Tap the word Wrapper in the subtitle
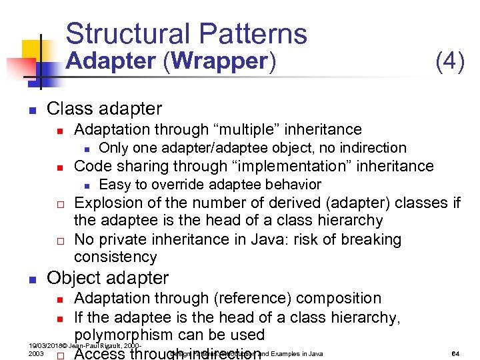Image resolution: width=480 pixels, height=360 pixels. coord(218,61)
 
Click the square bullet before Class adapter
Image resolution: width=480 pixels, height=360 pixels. coord(31,109)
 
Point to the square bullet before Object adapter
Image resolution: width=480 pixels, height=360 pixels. coord(31,279)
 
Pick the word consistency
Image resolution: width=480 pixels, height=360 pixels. coord(115,257)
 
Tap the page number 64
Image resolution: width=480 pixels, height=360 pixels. coord(456,353)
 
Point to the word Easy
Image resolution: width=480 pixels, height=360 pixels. coord(114,185)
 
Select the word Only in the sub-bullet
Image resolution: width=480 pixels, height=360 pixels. coord(113,148)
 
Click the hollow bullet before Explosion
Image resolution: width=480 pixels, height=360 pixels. coord(59,203)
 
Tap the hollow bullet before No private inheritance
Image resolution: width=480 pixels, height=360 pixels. coord(59,240)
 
